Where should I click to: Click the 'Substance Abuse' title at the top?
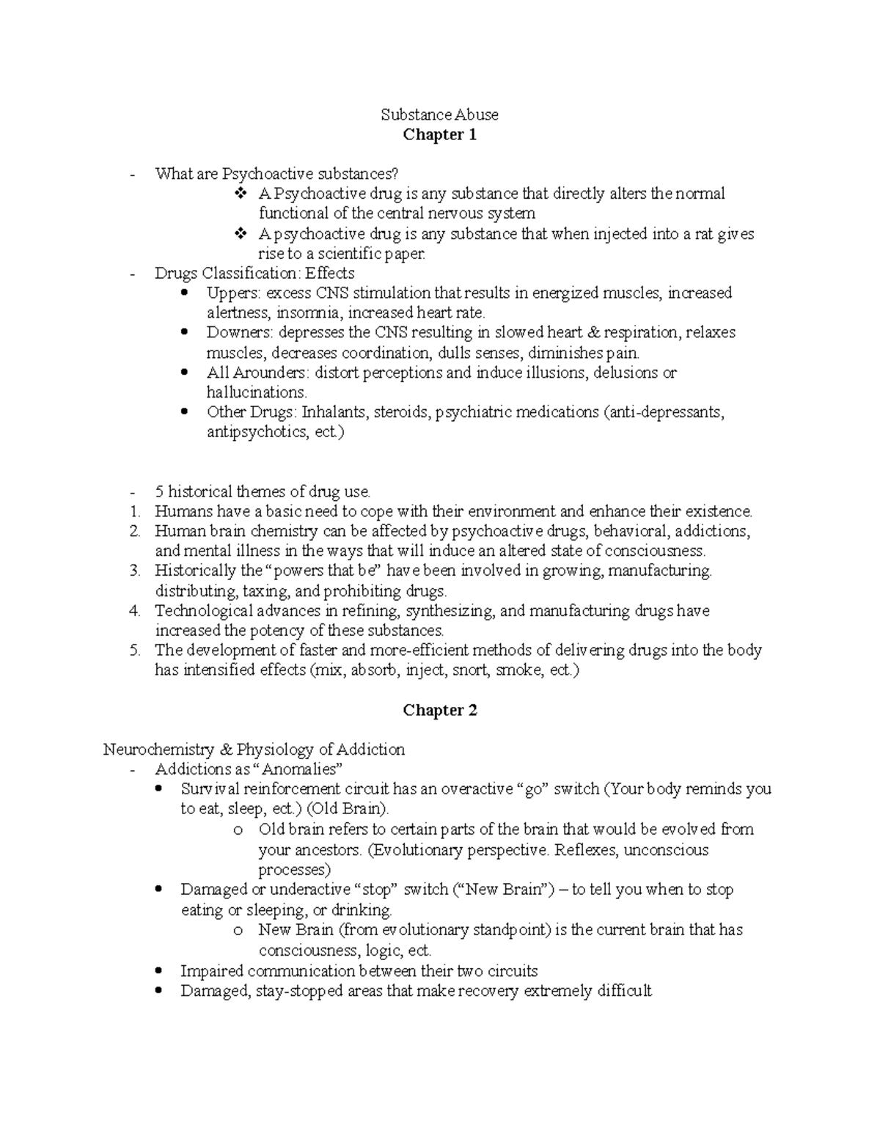(x=439, y=114)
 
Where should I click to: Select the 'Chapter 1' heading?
(x=439, y=135)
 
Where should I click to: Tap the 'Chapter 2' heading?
(x=439, y=710)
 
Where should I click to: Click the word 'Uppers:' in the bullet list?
(x=233, y=293)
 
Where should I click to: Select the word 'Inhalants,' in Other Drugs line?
(x=335, y=412)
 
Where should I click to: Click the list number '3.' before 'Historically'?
(x=134, y=571)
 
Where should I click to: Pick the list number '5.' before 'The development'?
(x=134, y=650)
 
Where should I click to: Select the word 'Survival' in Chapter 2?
(x=209, y=789)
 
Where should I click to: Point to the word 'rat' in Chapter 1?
(x=703, y=234)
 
